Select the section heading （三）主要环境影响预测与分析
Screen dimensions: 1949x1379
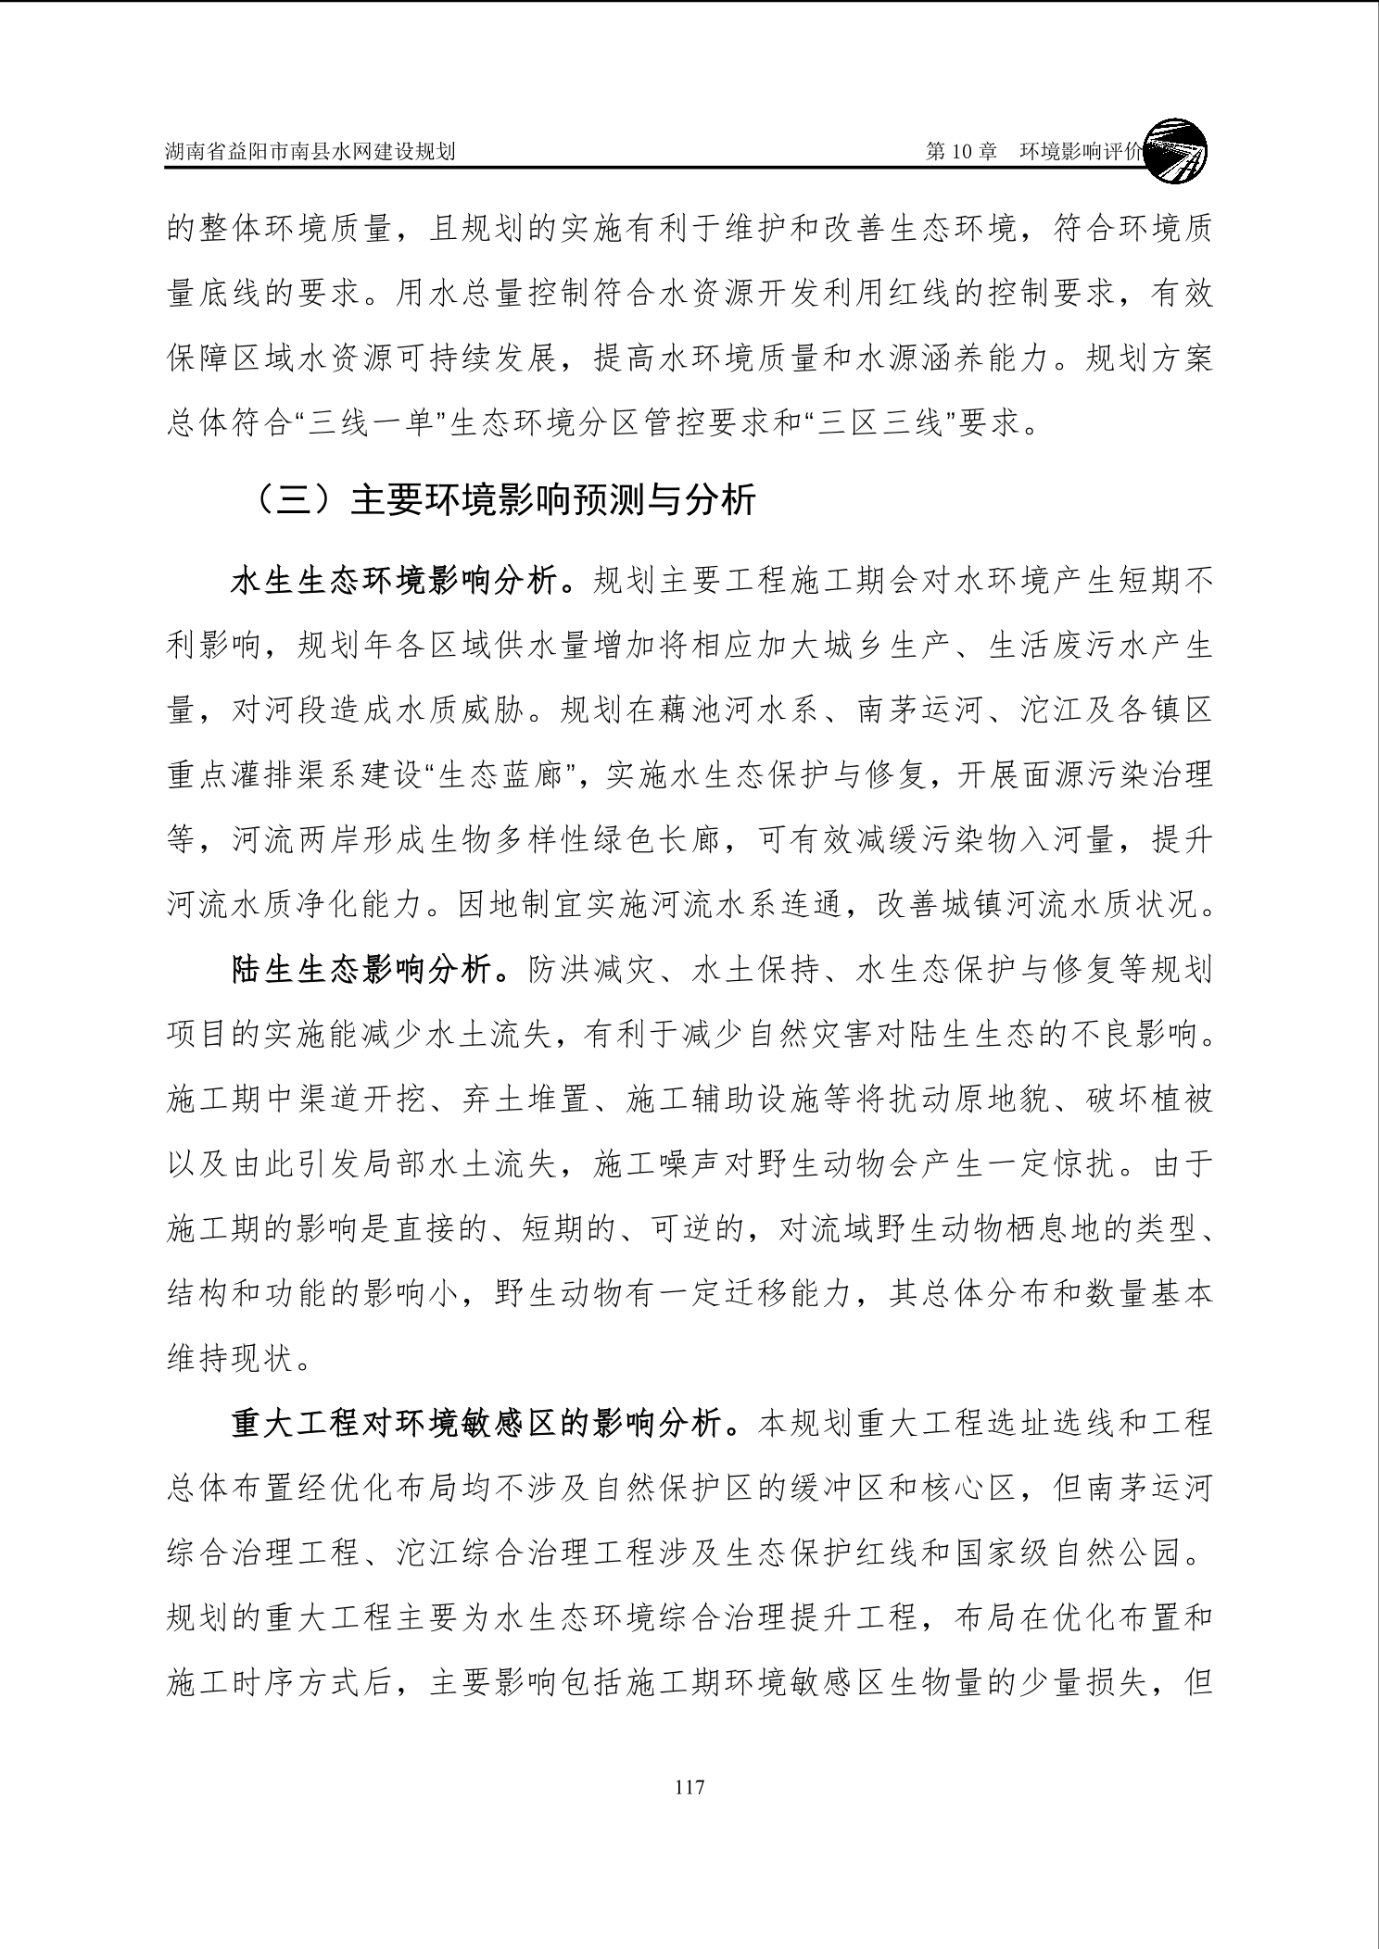pyautogui.click(x=505, y=500)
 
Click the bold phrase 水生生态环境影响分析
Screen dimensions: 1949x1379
pyautogui.click(x=394, y=582)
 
